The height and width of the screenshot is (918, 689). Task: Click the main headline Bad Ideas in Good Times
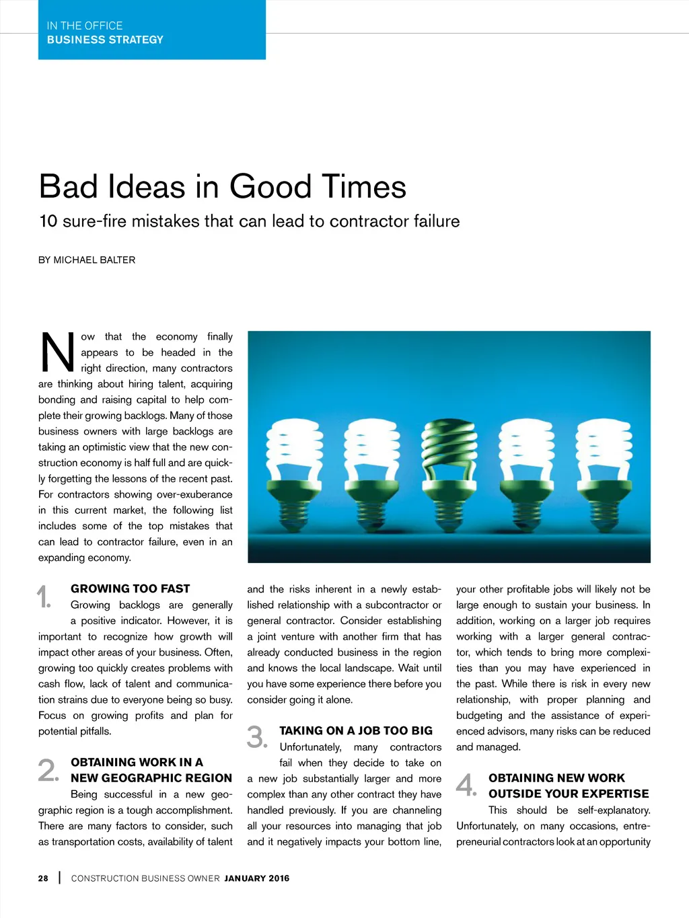[223, 187]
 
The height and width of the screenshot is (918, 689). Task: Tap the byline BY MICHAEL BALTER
[87, 260]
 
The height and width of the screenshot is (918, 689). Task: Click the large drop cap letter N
[58, 352]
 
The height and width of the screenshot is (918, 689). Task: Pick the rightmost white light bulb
[605, 457]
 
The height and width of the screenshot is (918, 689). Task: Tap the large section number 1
[44, 597]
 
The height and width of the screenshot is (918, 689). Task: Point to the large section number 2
[48, 771]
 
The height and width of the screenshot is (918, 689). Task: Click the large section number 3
[256, 738]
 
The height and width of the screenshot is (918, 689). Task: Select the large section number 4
[466, 785]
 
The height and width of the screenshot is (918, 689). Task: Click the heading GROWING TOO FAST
[131, 588]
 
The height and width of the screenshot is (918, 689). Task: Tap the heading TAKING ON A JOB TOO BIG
[356, 730]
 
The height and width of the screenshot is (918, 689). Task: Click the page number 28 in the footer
[43, 878]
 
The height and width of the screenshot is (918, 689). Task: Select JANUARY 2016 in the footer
[257, 878]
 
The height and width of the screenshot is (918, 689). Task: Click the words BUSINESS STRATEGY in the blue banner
[105, 40]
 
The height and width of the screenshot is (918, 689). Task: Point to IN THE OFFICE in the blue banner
[85, 26]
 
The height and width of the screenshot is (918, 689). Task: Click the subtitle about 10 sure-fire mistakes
[250, 221]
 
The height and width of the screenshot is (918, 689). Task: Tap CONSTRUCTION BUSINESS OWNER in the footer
[145, 878]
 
